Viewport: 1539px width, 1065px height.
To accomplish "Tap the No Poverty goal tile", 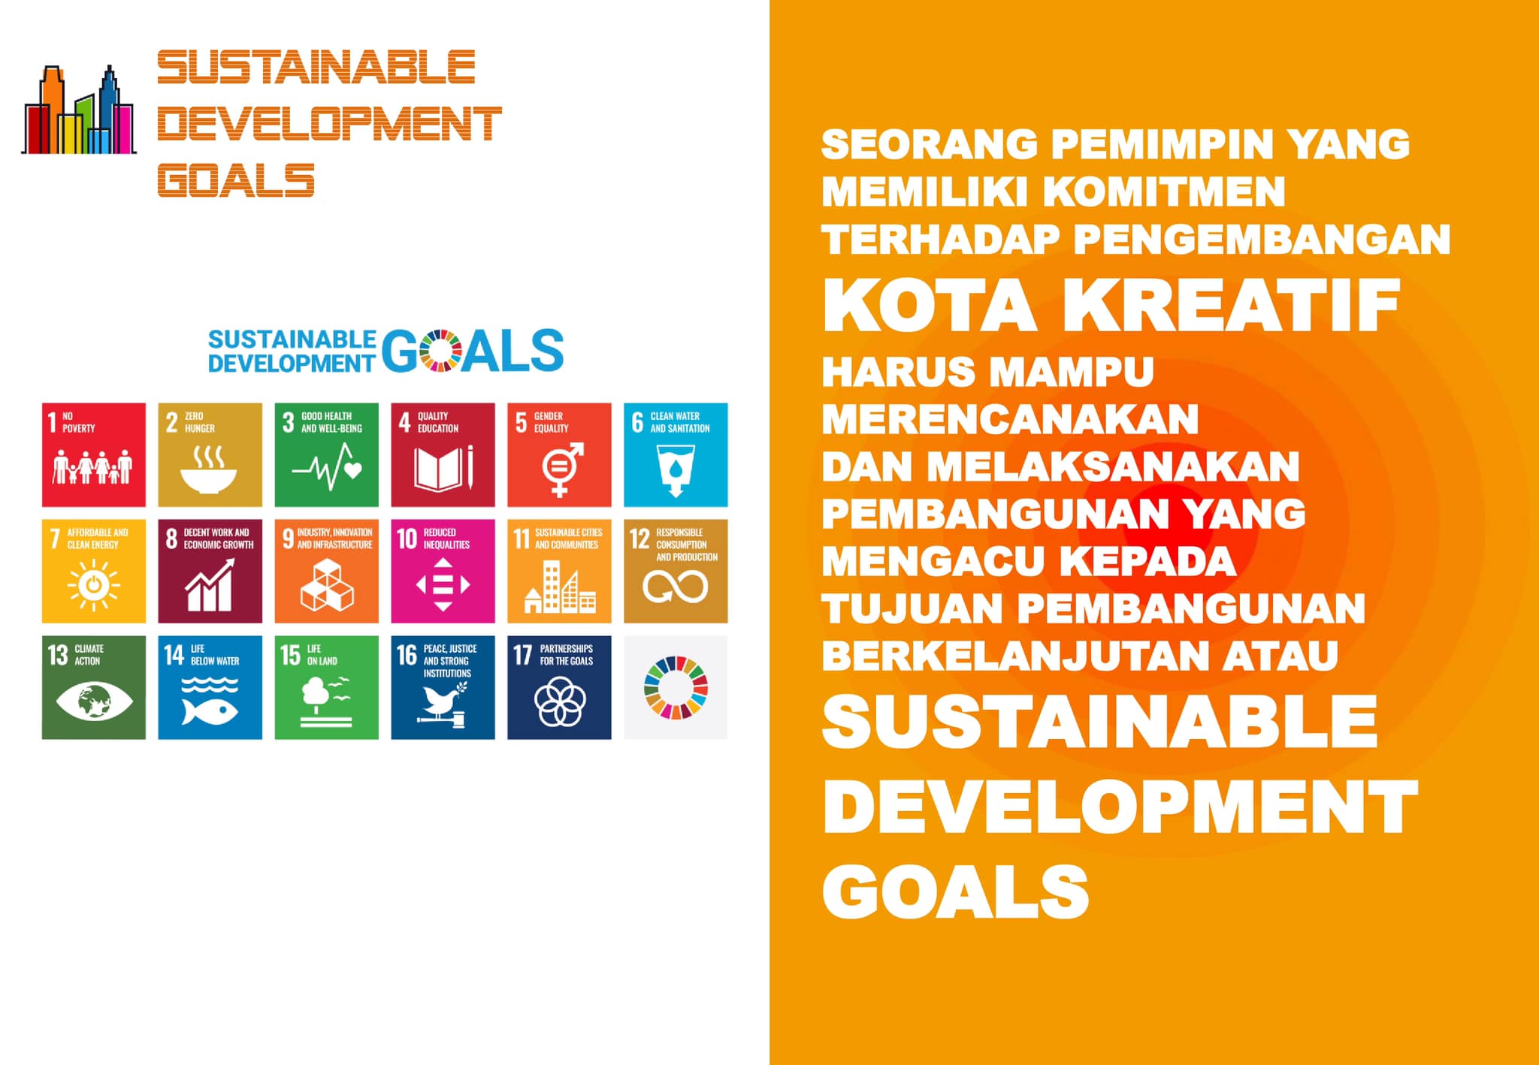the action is (94, 454).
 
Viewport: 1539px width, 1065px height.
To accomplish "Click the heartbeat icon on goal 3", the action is (327, 466).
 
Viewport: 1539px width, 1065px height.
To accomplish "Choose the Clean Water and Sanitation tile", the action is (676, 454).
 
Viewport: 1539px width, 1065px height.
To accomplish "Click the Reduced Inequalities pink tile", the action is (443, 571).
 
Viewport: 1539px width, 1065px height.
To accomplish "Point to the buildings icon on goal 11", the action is (560, 587).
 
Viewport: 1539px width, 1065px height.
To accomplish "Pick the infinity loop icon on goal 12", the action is (675, 587).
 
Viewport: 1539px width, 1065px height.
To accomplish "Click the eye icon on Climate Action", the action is (94, 701).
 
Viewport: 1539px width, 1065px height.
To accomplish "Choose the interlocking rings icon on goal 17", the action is (559, 701).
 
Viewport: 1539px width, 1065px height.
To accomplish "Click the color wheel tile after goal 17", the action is (676, 688).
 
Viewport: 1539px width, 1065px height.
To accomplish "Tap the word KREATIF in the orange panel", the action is (1232, 304).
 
